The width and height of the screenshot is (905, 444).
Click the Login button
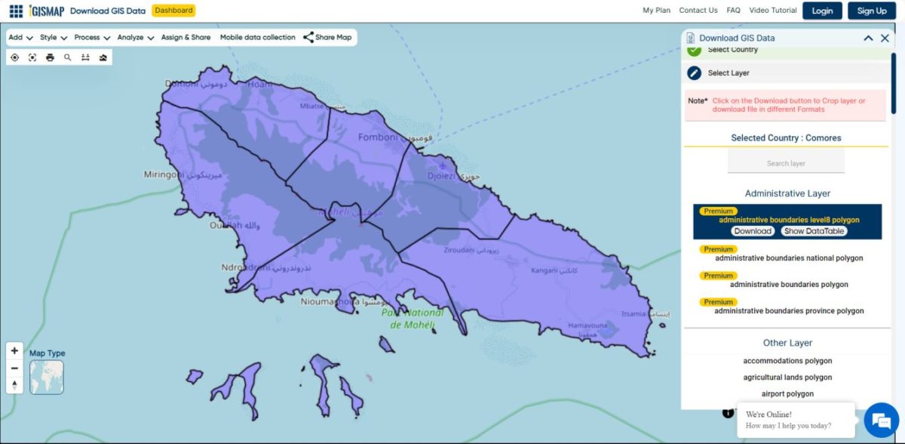[x=822, y=11]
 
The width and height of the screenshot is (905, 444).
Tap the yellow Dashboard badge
[x=173, y=11]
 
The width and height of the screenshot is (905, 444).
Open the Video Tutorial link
[x=773, y=11]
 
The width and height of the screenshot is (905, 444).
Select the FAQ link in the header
[x=733, y=11]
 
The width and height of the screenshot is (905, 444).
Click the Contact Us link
[x=698, y=11]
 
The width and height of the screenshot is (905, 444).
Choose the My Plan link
[x=656, y=11]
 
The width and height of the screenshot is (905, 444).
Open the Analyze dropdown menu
[x=136, y=37]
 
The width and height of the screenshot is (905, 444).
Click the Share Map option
[x=327, y=37]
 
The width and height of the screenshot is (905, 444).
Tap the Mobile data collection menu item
[x=257, y=37]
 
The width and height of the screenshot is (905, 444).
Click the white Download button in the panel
[x=753, y=231]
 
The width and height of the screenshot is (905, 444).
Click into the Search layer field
[x=786, y=163]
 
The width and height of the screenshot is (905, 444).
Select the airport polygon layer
[x=787, y=394]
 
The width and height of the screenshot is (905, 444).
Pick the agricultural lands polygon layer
[x=787, y=378]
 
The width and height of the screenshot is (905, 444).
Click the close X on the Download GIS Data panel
[x=885, y=38]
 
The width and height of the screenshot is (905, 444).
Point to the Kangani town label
[x=543, y=270]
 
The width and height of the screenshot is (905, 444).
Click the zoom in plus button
[x=14, y=351]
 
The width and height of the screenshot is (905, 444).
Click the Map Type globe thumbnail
[x=47, y=377]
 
